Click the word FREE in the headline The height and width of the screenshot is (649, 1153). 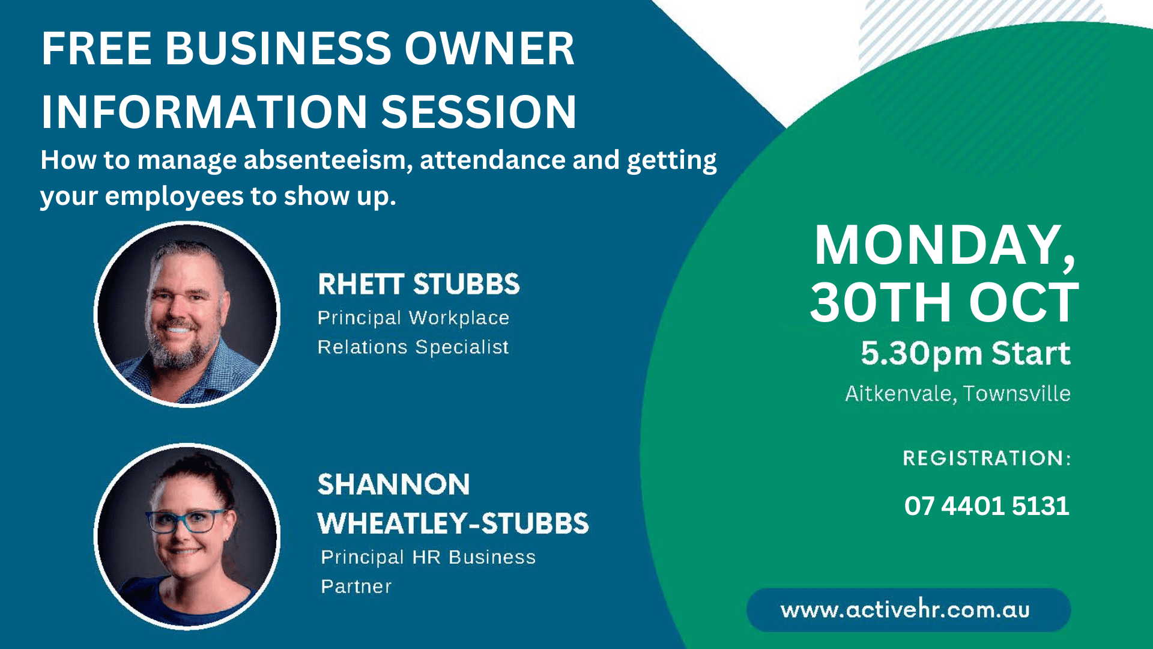(96, 49)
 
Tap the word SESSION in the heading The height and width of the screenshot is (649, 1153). (479, 112)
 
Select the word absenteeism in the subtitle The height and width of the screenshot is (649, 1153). (328, 160)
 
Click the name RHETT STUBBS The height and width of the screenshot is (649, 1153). (419, 284)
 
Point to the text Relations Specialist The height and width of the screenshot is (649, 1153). (413, 347)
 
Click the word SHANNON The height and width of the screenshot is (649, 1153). (393, 484)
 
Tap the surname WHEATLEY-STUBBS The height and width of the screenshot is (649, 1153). (453, 523)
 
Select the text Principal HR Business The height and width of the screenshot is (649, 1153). (428, 557)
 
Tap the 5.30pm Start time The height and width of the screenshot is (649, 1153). (965, 353)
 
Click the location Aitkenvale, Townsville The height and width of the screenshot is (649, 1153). (957, 394)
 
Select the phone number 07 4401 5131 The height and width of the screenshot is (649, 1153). (987, 506)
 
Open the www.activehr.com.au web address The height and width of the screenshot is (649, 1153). (905, 610)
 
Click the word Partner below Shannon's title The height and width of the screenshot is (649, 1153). (356, 587)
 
